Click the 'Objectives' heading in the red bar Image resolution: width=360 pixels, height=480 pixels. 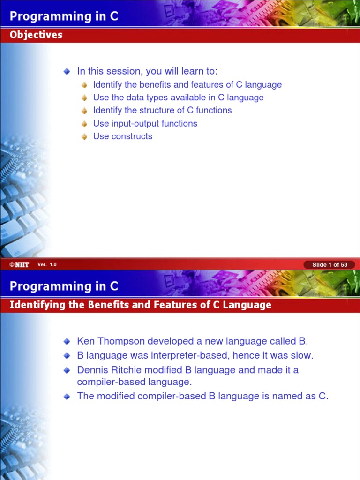(36, 35)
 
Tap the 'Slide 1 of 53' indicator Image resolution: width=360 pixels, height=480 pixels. (330, 265)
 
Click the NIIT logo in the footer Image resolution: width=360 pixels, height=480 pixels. (19, 265)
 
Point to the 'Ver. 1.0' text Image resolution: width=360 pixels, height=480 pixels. (47, 265)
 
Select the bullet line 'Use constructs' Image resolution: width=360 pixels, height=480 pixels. (122, 136)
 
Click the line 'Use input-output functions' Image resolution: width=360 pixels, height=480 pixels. (145, 124)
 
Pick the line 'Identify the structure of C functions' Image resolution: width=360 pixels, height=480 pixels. (162, 111)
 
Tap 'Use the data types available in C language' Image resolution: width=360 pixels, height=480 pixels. (178, 97)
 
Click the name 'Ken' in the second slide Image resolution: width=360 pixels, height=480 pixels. (86, 341)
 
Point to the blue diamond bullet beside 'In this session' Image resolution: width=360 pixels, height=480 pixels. (67, 72)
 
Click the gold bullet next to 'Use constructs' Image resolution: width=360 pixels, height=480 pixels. (84, 137)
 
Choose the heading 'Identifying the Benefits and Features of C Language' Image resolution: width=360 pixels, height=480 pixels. (141, 305)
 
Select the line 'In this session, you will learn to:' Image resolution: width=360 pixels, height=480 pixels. (147, 71)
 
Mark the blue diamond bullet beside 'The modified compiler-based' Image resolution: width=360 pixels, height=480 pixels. (67, 397)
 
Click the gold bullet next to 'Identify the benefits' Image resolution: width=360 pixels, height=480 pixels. (84, 85)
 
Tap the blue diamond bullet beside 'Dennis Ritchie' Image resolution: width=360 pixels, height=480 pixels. (67, 370)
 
